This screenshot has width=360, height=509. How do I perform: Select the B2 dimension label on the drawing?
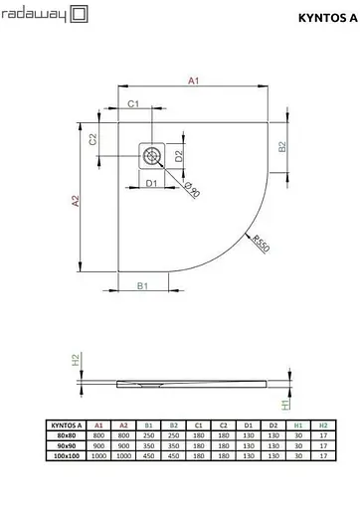click(x=282, y=147)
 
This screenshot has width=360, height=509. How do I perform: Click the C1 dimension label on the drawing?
click(x=131, y=104)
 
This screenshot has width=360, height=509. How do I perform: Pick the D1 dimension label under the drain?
click(x=152, y=183)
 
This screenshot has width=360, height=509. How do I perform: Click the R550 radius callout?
click(x=261, y=245)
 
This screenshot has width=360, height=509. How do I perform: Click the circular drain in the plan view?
click(x=152, y=155)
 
